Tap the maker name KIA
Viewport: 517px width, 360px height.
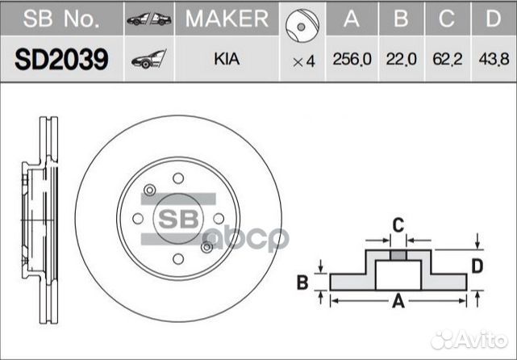(227, 60)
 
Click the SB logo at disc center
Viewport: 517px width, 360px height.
(177, 219)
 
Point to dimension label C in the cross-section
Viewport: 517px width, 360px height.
(398, 225)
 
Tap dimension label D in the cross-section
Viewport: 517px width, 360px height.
(477, 266)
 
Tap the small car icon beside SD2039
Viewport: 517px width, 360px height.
(148, 60)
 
